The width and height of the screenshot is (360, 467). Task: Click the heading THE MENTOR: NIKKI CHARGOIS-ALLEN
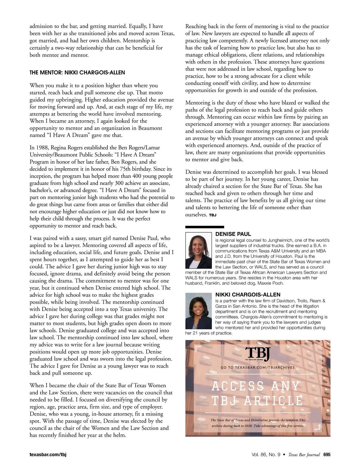77,73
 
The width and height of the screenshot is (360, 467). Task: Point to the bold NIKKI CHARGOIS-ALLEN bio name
248,295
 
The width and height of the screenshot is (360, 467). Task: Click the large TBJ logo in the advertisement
258,354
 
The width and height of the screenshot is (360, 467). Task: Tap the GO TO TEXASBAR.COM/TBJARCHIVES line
258,367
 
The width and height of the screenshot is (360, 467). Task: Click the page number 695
327,455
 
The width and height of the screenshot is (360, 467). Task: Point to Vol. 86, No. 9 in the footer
266,455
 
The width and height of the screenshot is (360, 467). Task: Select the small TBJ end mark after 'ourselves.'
212,215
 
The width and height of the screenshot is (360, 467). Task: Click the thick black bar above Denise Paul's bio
205,227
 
